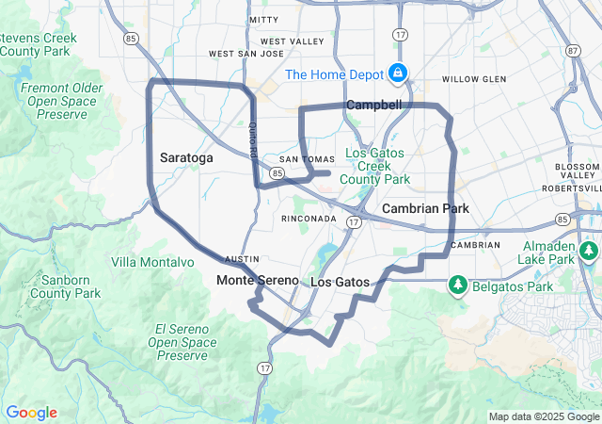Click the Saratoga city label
186,158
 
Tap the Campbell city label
373,105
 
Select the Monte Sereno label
257,281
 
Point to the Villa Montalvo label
149,261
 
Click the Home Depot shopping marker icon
398,73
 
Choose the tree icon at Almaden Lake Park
589,251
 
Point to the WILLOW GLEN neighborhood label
473,79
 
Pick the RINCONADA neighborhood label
309,219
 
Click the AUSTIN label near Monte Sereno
242,259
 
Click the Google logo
31,413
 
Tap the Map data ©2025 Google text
544,416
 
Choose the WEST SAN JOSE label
246,54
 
